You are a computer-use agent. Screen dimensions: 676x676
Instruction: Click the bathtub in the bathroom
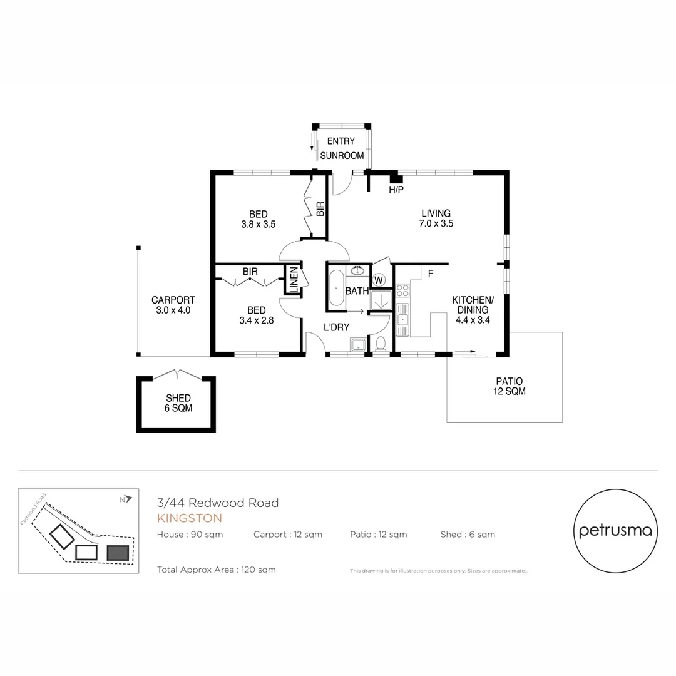(336, 288)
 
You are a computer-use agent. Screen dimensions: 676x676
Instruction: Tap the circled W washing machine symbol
(379, 279)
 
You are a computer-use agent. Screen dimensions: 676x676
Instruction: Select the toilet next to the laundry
(380, 344)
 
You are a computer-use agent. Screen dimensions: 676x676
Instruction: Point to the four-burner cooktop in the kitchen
(402, 290)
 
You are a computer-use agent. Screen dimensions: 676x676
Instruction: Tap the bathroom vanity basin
(357, 271)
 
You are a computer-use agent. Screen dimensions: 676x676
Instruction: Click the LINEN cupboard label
(293, 280)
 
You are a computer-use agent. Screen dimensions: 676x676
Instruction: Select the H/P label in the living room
(396, 190)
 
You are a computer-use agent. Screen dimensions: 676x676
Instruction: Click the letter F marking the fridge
(431, 274)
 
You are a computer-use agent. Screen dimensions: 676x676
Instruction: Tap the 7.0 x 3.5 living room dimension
(436, 223)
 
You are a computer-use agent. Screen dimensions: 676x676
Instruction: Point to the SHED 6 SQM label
(178, 402)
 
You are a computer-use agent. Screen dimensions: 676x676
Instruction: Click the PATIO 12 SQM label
(509, 386)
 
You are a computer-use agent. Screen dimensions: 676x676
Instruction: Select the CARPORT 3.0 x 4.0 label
(173, 305)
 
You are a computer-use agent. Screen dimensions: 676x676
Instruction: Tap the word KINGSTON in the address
(189, 518)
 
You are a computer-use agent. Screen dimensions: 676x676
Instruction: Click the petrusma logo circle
(615, 531)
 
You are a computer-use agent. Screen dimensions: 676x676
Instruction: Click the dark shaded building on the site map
(118, 553)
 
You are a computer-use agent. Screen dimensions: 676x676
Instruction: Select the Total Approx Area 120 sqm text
(217, 570)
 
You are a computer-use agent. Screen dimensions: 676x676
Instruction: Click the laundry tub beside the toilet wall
(359, 345)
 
